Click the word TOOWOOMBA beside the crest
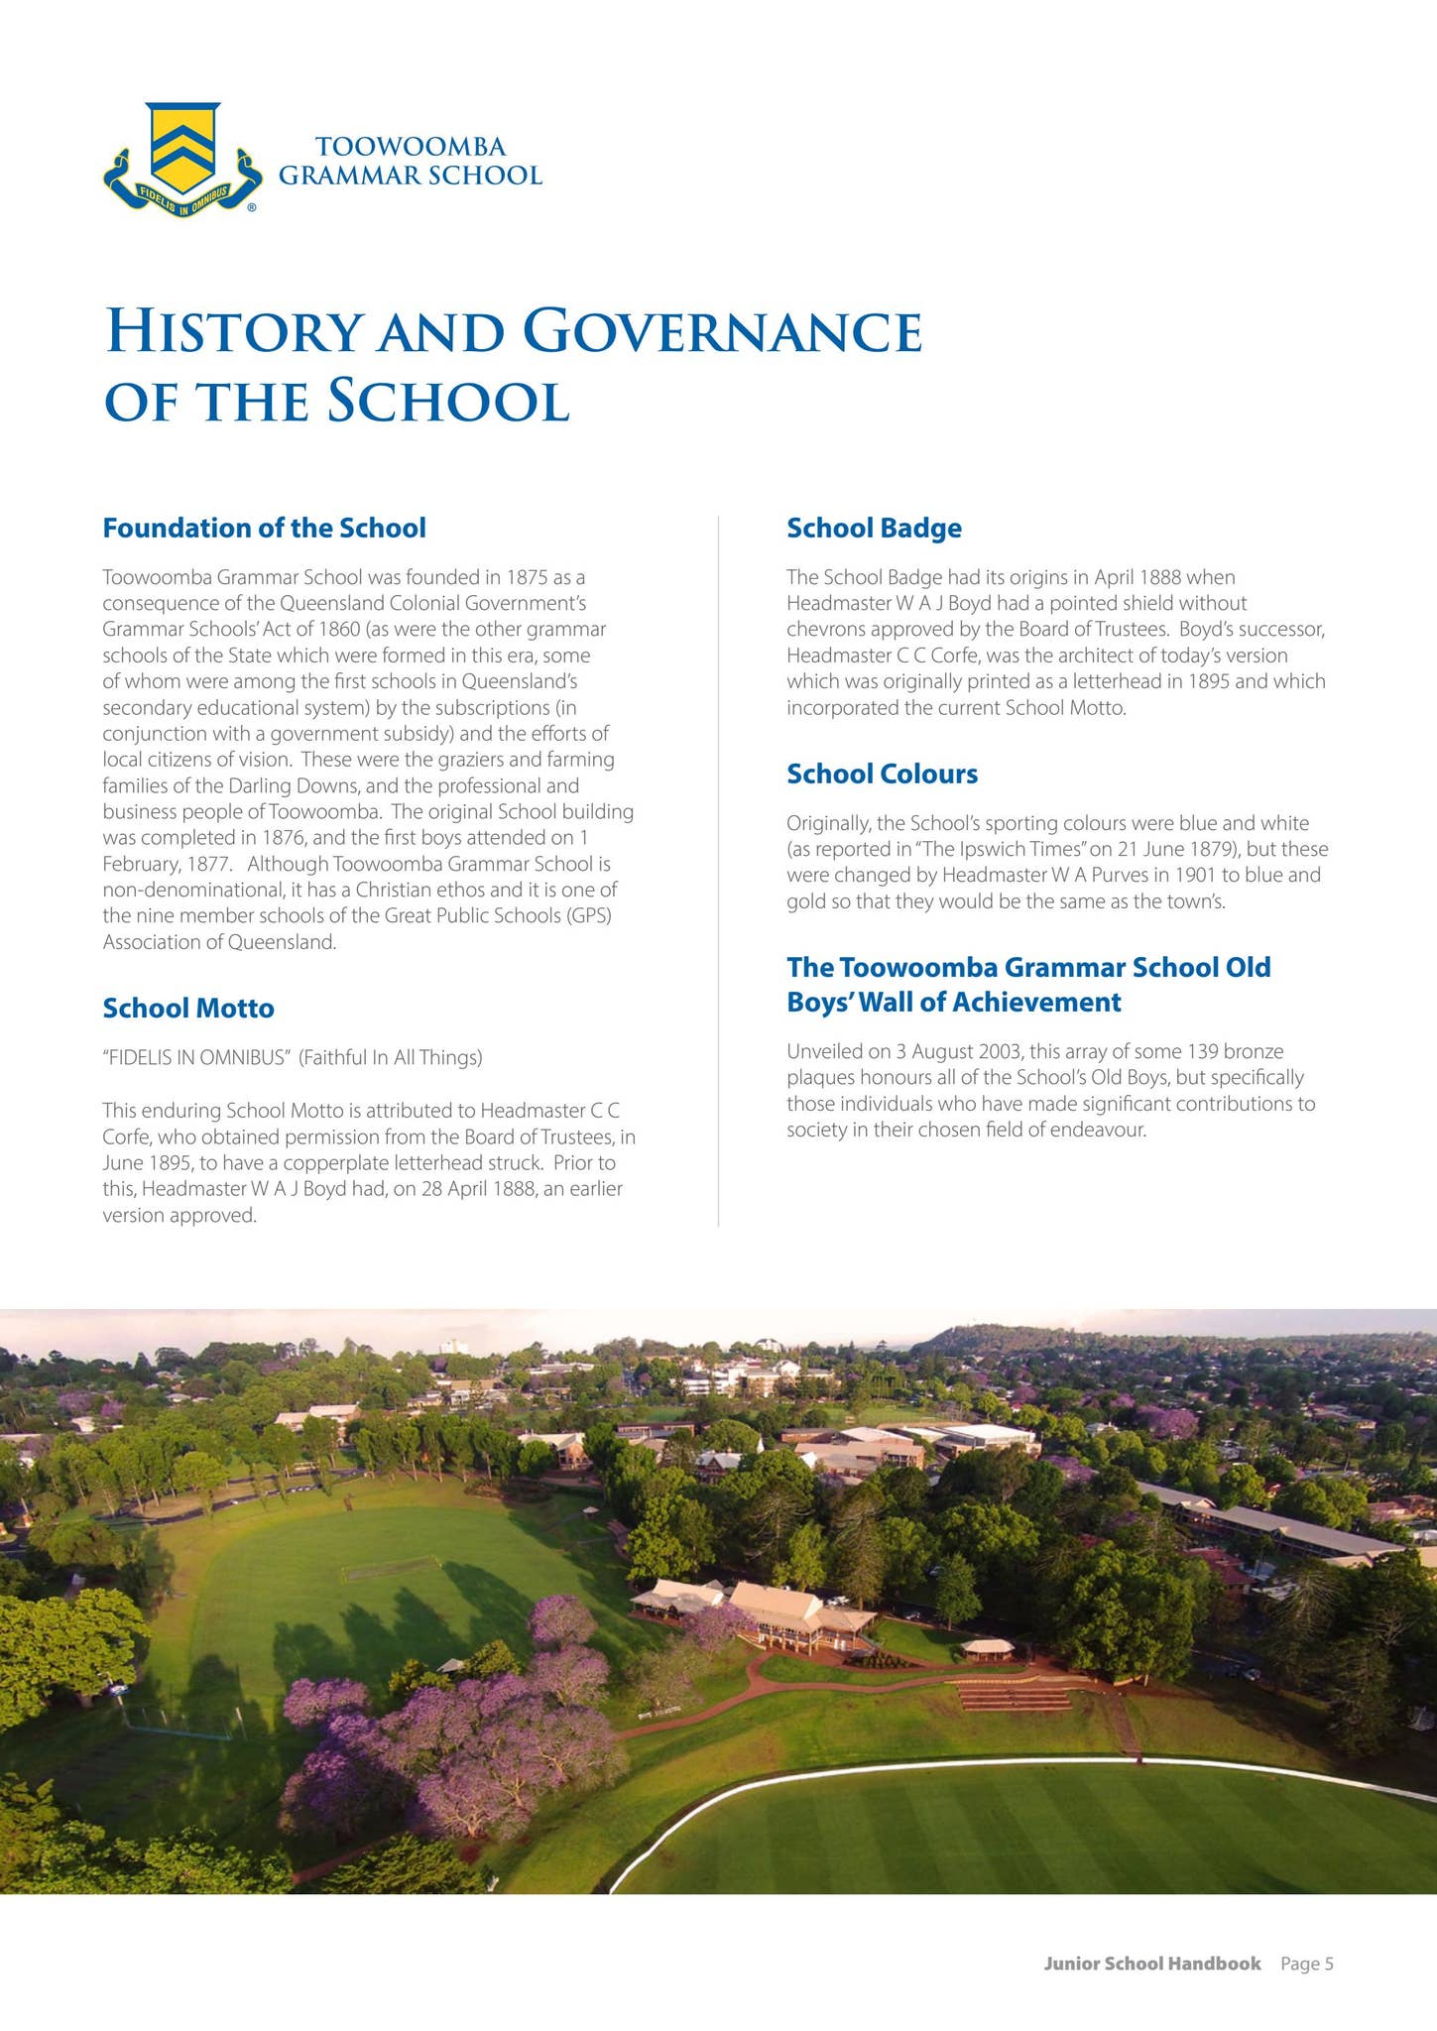[411, 147]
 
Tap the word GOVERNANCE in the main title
[723, 332]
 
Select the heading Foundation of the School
[264, 528]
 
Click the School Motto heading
[188, 1008]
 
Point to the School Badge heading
[874, 528]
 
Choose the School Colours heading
[882, 774]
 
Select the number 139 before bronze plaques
[1205, 1051]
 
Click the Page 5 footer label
[1306, 1964]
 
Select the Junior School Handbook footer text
[1151, 1964]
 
